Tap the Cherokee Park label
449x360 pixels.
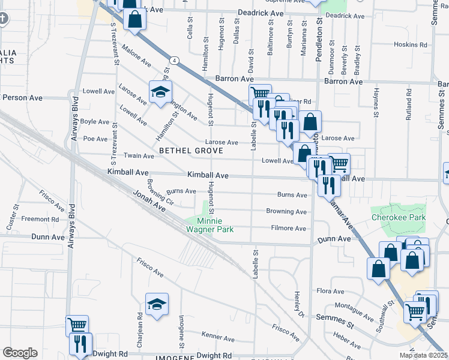(x=398, y=217)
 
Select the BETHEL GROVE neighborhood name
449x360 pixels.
(x=191, y=150)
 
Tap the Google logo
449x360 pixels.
(x=20, y=353)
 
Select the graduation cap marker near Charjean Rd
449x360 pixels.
(x=157, y=304)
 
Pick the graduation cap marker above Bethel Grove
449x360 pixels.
(x=160, y=92)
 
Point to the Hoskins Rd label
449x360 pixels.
(x=410, y=44)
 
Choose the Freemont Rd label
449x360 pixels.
(x=40, y=219)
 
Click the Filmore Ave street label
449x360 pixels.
(x=288, y=228)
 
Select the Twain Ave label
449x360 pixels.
(x=139, y=156)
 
